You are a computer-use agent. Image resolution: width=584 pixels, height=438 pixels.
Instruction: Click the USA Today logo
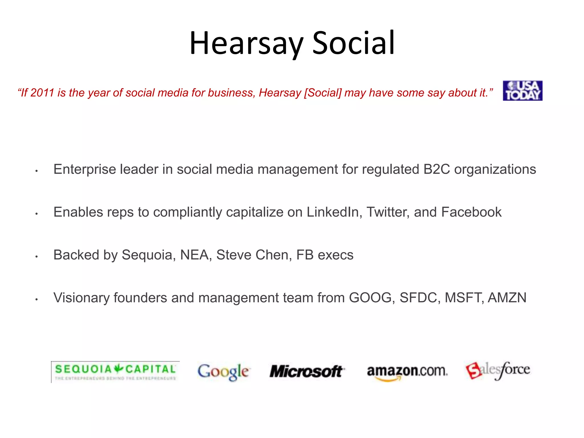[522, 91]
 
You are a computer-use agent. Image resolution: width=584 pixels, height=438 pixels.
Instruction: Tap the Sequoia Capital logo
[115, 372]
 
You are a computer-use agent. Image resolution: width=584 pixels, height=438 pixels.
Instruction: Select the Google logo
[223, 372]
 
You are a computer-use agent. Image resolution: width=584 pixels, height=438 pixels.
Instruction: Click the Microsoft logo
[307, 371]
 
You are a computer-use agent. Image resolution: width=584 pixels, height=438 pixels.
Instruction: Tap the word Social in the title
[353, 43]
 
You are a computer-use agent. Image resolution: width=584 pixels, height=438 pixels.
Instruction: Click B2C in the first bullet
[437, 169]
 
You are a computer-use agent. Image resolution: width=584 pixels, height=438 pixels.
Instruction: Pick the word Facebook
[471, 212]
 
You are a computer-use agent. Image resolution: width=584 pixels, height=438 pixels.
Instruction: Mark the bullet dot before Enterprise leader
[36, 171]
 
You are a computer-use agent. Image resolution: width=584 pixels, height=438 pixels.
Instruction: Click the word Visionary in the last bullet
[81, 297]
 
